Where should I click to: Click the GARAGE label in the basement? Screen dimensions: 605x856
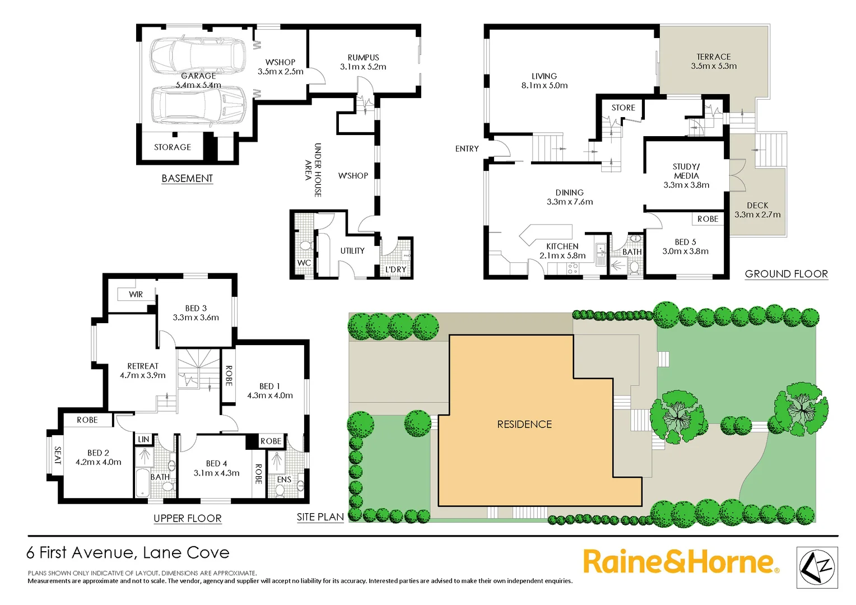pyautogui.click(x=198, y=76)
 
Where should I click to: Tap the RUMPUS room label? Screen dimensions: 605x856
pyautogui.click(x=363, y=57)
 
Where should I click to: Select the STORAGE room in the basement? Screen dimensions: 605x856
pyautogui.click(x=173, y=147)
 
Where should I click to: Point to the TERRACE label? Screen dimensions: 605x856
pyautogui.click(x=713, y=57)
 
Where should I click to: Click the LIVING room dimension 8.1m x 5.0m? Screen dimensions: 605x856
pyautogui.click(x=544, y=85)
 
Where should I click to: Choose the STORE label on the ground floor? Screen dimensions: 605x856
pyautogui.click(x=623, y=108)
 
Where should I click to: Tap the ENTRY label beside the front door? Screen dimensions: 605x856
pyautogui.click(x=467, y=148)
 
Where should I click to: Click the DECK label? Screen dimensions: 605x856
pyautogui.click(x=757, y=205)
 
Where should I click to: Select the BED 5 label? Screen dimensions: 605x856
pyautogui.click(x=685, y=242)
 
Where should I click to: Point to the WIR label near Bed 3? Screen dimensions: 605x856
pyautogui.click(x=136, y=294)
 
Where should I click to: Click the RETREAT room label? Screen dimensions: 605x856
pyautogui.click(x=143, y=366)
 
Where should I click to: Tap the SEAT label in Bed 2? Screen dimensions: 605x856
pyautogui.click(x=57, y=455)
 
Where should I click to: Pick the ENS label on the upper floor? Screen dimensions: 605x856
pyautogui.click(x=284, y=480)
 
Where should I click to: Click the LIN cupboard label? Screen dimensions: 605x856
pyautogui.click(x=143, y=439)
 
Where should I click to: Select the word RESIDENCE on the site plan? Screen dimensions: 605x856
pyautogui.click(x=524, y=424)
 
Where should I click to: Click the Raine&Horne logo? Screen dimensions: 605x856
pyautogui.click(x=680, y=562)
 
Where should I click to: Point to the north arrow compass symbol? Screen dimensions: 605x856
pyautogui.click(x=817, y=567)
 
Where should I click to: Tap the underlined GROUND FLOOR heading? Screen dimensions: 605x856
pyautogui.click(x=786, y=274)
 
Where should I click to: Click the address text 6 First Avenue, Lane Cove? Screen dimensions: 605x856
pyautogui.click(x=128, y=553)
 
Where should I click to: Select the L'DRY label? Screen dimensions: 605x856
pyautogui.click(x=396, y=269)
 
